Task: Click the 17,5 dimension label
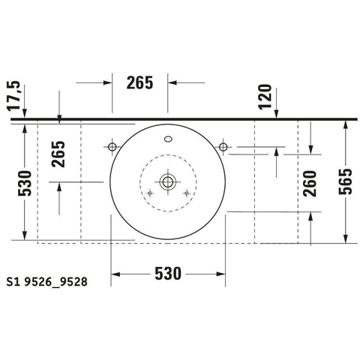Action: click(x=13, y=96)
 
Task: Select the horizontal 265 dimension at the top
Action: click(x=139, y=82)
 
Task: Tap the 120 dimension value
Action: click(x=265, y=97)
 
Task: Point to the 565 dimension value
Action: click(x=345, y=181)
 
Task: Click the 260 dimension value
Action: click(x=310, y=184)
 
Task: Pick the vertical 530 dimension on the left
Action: click(x=25, y=183)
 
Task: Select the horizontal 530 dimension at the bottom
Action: click(x=168, y=274)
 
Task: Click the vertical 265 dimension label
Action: click(x=58, y=154)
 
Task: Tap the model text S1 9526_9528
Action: click(x=47, y=282)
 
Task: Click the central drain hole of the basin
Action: click(x=168, y=181)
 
